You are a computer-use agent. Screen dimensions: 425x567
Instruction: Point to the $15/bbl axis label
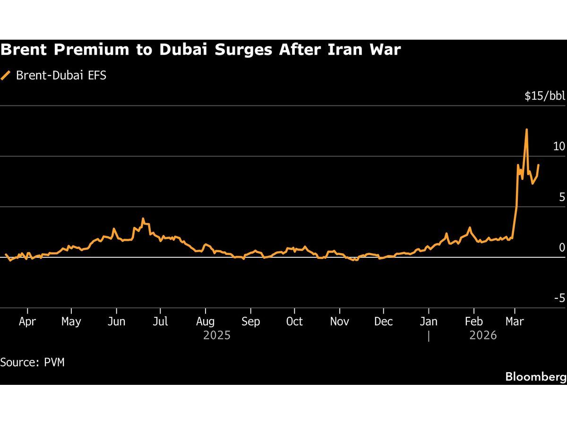pos(544,96)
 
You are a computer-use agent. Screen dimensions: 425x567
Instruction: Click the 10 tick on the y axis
pos(559,146)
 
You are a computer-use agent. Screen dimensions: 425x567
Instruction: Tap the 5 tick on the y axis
pos(562,197)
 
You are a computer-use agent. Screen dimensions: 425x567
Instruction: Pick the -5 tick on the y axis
pos(559,298)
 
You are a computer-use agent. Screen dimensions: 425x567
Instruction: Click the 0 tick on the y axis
pos(562,247)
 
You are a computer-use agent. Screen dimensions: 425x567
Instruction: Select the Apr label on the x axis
pos(27,322)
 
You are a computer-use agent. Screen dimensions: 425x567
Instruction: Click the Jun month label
pos(116,322)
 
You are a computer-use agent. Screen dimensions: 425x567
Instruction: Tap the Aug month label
pos(205,322)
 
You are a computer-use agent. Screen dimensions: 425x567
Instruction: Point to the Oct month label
pos(294,322)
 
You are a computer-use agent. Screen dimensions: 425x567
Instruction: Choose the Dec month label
pos(383,322)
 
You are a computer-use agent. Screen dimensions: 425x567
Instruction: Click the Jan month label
pos(429,322)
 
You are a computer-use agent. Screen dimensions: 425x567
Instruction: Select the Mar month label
pos(515,322)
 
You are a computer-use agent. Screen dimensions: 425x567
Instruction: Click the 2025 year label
pos(217,335)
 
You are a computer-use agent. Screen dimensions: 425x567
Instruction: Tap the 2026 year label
pos(483,335)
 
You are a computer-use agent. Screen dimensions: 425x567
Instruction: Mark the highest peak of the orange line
pos(526,129)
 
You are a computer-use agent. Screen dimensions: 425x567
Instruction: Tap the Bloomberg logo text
pos(535,376)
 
